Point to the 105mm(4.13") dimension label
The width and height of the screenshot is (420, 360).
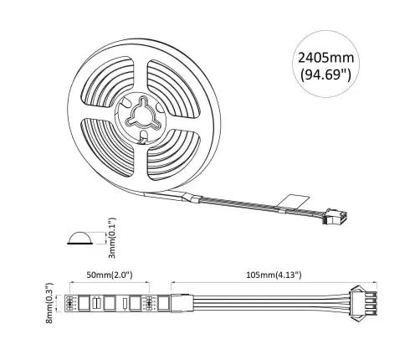(268, 274)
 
